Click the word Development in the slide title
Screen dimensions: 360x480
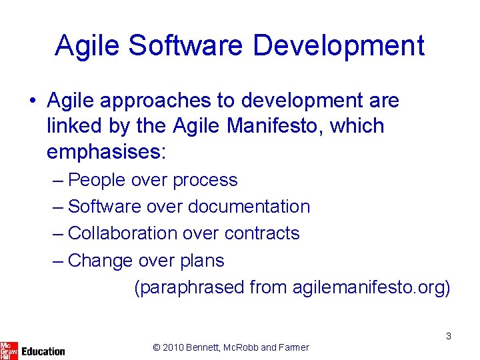(x=339, y=46)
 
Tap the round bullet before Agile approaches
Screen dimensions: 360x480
(x=32, y=101)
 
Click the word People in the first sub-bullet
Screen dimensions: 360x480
(x=98, y=180)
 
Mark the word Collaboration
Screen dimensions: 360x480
(x=123, y=233)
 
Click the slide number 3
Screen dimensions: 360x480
(x=449, y=336)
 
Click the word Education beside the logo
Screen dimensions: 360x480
(x=43, y=351)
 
